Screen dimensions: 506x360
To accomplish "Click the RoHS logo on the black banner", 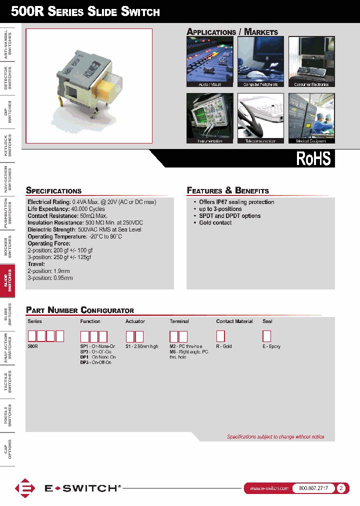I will click(313, 158).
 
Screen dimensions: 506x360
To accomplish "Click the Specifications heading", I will click(53, 190).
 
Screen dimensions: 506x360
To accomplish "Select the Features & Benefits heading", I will click(228, 190).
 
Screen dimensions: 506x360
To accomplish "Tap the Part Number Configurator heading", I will click(80, 310).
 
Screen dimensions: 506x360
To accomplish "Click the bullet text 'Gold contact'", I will click(215, 223).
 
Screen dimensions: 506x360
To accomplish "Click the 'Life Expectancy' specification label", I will click(48, 209).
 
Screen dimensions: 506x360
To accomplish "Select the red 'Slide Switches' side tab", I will click(7, 280).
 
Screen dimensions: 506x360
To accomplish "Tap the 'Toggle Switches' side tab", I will click(7, 415).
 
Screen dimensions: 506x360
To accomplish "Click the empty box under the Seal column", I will click(266, 336).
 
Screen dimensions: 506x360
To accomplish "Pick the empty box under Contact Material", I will click(220, 336).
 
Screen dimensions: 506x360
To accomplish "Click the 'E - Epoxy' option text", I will click(271, 346).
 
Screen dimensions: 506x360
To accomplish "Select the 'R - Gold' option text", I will click(224, 346).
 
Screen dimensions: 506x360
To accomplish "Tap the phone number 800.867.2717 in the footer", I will click(313, 488).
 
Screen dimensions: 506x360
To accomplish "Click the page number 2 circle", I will click(341, 488).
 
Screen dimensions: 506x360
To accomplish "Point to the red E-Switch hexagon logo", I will click(24, 488).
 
